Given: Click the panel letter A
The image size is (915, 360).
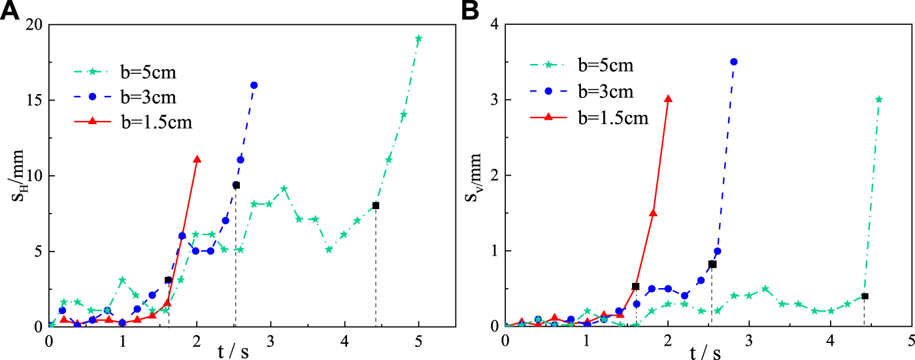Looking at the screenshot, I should (x=11, y=11).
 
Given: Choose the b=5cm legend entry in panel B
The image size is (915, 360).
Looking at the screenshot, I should (x=605, y=65).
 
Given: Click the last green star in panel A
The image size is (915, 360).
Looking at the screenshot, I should (x=418, y=39).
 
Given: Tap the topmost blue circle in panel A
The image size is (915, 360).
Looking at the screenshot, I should (x=254, y=86).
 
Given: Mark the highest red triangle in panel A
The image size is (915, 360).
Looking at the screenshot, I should (x=197, y=159).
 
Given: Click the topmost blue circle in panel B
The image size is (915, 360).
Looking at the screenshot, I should (x=733, y=61).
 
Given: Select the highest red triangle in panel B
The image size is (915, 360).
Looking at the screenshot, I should (x=668, y=99).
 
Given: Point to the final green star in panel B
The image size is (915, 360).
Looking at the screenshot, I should (x=879, y=99).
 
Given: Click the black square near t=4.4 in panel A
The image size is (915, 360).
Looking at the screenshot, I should (x=375, y=206).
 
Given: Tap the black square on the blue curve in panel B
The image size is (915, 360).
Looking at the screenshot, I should (x=712, y=265).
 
